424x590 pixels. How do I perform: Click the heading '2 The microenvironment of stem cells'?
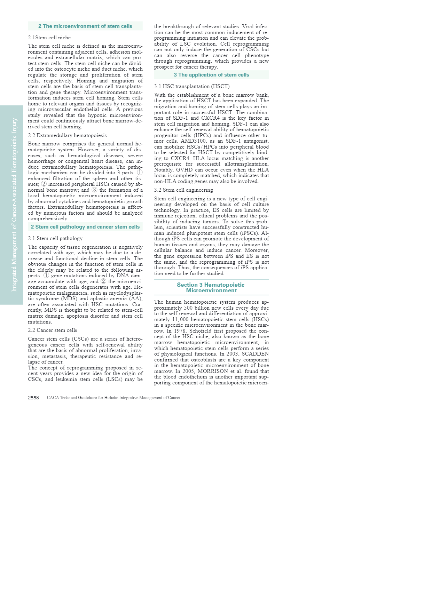click(85, 26)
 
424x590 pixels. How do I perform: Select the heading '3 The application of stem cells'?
click(211, 75)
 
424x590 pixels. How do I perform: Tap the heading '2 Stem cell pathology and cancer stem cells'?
click(85, 227)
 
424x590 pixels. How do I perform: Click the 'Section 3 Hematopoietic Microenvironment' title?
click(211, 287)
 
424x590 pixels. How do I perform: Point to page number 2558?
click(33, 398)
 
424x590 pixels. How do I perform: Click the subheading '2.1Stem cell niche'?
click(49, 38)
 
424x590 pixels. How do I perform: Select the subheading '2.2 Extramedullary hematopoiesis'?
click(67, 135)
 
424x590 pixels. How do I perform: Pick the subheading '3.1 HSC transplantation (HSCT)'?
click(191, 86)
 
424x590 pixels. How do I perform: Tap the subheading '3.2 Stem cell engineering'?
click(183, 190)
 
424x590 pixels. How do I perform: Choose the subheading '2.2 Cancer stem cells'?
click(52, 330)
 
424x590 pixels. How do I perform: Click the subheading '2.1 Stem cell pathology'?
click(55, 238)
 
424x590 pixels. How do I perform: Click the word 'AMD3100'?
click(193, 141)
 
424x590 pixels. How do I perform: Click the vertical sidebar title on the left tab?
click(14, 205)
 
